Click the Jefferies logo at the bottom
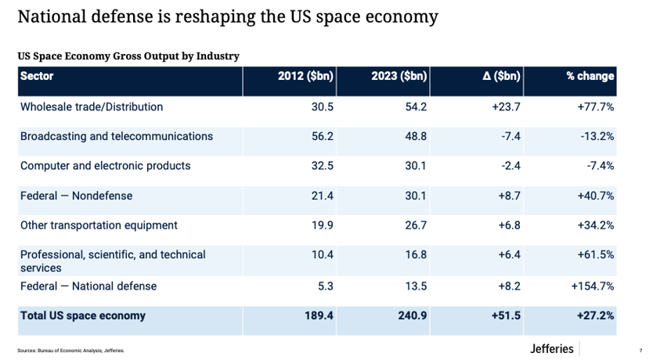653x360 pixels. point(551,348)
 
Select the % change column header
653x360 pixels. point(590,76)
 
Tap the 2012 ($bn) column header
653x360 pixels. point(305,76)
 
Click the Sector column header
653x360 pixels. point(37,76)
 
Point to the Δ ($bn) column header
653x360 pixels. point(501,76)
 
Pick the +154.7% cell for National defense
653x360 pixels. point(592,286)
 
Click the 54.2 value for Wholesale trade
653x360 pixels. point(416,107)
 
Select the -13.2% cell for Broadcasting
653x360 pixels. point(597,136)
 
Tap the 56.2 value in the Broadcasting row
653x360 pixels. point(323,136)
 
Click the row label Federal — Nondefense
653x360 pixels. point(76,196)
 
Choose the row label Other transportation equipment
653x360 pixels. point(99,225)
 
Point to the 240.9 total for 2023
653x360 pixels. point(413,315)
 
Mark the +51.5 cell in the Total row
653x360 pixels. point(506,315)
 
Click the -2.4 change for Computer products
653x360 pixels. point(511,166)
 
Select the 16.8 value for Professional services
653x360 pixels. point(416,254)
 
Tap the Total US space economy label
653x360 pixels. point(83,315)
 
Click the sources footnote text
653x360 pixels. point(70,351)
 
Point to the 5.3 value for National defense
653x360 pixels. point(326,286)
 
